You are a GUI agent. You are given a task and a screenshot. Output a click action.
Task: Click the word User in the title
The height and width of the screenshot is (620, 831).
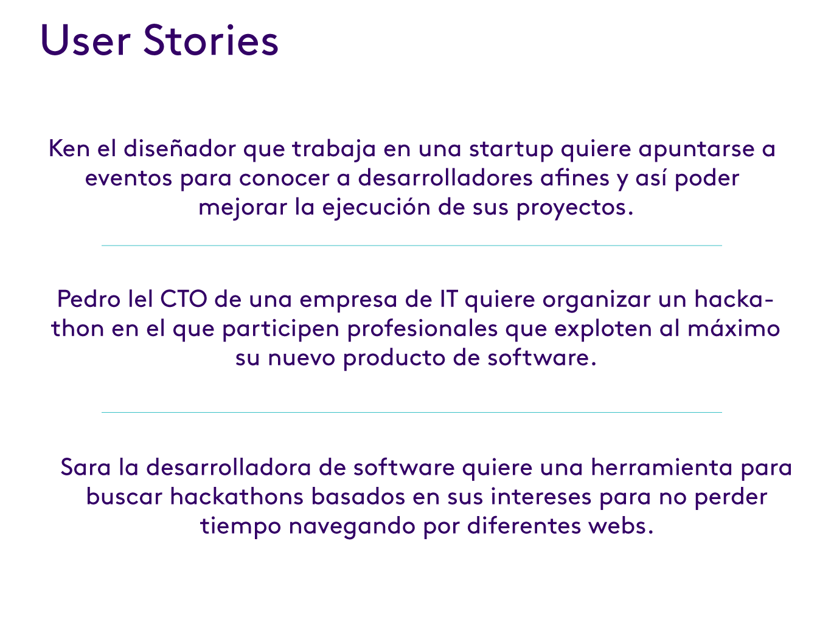coord(85,41)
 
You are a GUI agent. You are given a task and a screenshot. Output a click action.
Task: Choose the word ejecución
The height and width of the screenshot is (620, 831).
coord(375,208)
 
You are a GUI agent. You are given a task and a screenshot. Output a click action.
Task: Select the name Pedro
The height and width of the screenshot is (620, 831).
coord(86,300)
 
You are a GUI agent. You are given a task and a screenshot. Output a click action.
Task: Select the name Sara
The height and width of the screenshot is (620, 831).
coord(86,468)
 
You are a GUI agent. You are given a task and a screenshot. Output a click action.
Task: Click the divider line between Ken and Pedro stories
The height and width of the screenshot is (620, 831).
coord(411,246)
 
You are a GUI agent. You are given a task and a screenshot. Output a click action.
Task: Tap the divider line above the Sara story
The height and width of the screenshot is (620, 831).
coord(411,412)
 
